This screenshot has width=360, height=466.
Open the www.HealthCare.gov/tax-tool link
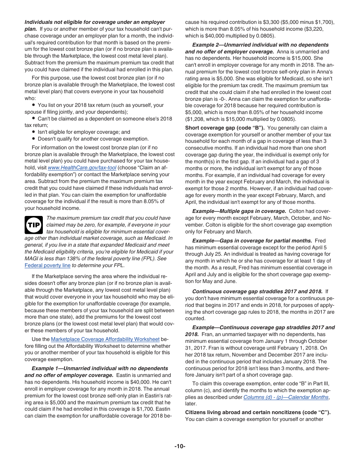(x=82, y=167)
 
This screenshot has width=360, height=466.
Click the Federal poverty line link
(x=47, y=265)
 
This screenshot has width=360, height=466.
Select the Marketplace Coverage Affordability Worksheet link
(x=105, y=339)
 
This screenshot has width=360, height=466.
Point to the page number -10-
(x=180, y=446)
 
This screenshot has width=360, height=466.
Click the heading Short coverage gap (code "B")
(x=224, y=128)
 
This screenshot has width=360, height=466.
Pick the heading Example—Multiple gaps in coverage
(x=239, y=211)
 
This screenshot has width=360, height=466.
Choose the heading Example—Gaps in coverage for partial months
(x=252, y=241)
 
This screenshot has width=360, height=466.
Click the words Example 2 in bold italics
(x=206, y=45)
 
